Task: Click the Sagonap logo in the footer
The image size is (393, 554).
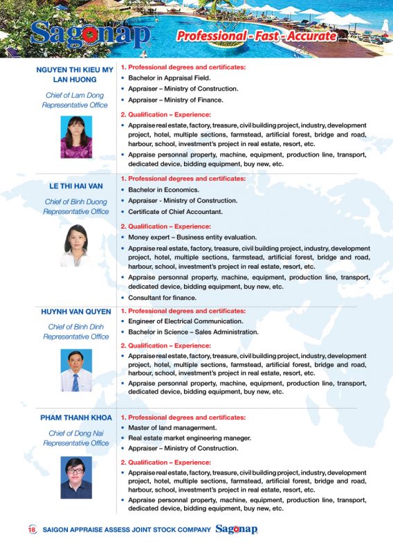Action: (x=237, y=530)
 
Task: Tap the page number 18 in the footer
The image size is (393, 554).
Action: (x=32, y=530)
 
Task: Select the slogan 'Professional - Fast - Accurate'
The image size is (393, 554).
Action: (x=257, y=36)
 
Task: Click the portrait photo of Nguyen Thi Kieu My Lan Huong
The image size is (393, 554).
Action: (x=75, y=136)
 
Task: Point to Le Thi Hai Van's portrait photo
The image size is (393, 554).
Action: (x=75, y=246)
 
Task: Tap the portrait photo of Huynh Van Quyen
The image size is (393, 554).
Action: (x=75, y=370)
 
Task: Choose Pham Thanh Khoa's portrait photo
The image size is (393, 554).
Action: (x=75, y=477)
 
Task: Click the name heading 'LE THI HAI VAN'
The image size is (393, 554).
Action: (x=75, y=186)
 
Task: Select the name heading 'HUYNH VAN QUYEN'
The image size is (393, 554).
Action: (x=75, y=312)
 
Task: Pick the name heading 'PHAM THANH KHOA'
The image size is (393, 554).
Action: (x=75, y=418)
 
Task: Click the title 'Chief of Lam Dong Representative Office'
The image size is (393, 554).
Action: (x=75, y=100)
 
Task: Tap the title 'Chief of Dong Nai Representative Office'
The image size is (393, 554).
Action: (x=75, y=438)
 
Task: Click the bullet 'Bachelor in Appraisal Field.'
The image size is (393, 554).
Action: (x=170, y=78)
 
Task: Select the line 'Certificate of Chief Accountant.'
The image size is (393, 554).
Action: (x=176, y=212)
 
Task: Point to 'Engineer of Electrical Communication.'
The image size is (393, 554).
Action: (x=185, y=321)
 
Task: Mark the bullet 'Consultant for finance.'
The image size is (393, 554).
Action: (x=162, y=298)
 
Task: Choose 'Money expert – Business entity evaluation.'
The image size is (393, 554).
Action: (x=192, y=238)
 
